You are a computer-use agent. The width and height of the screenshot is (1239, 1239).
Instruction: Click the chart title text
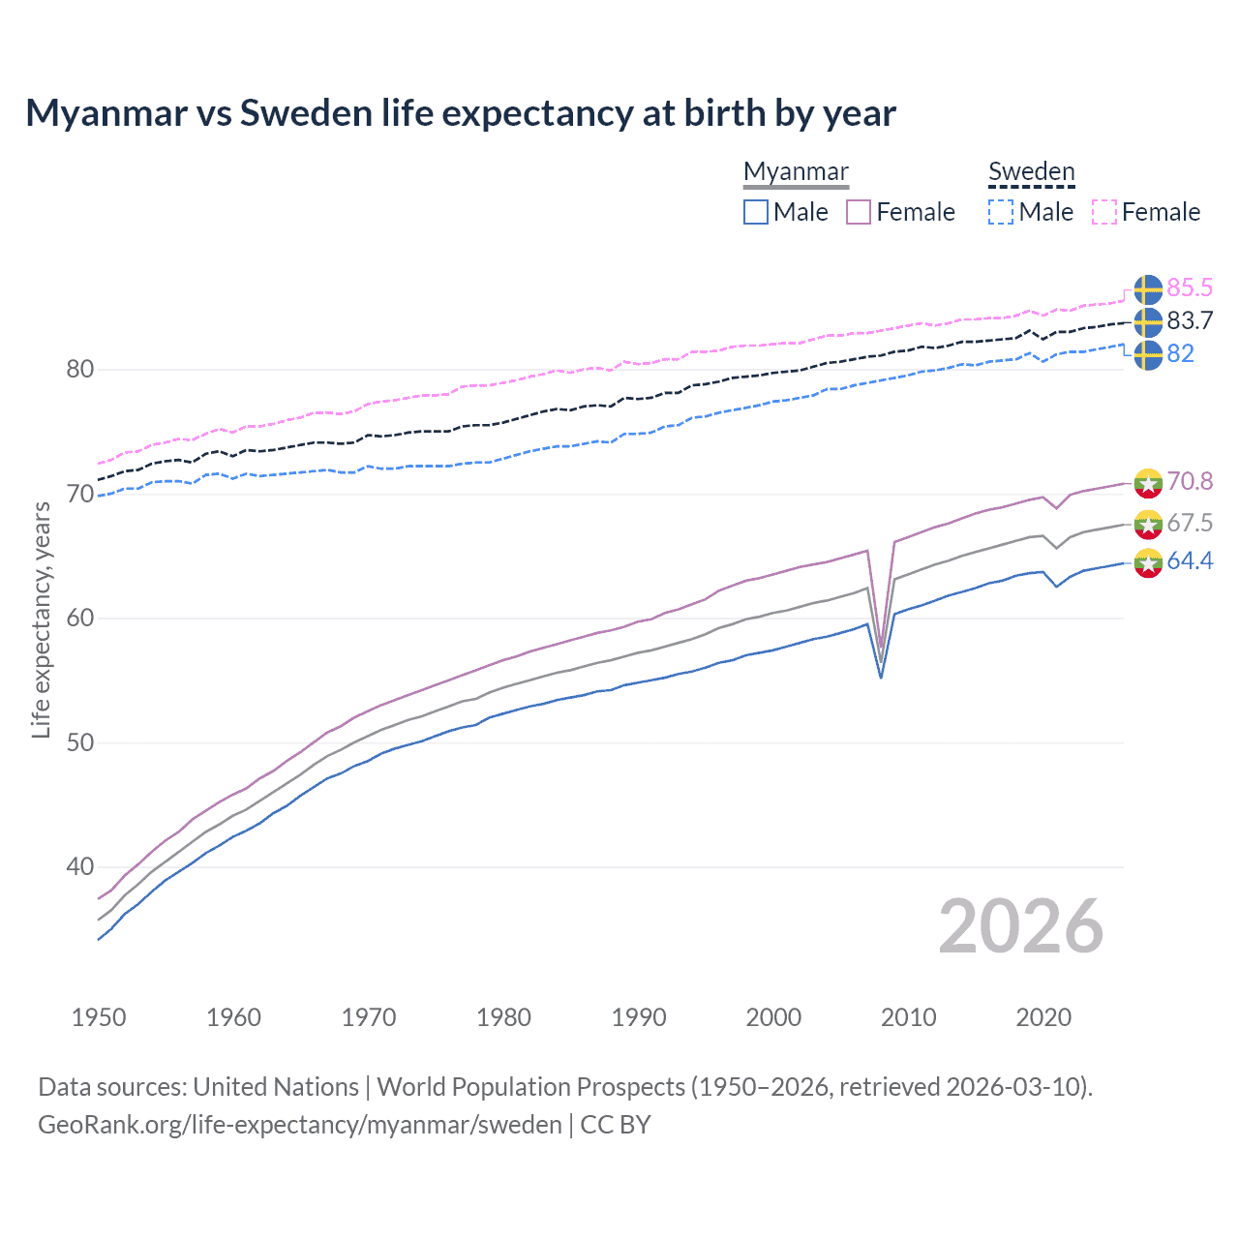coord(461,113)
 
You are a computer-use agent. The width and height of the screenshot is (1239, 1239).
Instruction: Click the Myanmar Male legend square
coord(756,212)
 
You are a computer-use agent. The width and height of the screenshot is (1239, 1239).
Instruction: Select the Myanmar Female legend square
coord(859,212)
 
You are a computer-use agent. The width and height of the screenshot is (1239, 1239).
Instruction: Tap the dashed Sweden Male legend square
coord(1001,212)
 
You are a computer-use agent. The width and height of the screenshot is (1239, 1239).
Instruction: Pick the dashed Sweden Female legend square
coord(1104,212)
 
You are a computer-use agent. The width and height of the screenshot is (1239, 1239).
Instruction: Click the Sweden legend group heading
coord(1031,171)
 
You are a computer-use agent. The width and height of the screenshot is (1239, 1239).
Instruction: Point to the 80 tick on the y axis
coord(80,370)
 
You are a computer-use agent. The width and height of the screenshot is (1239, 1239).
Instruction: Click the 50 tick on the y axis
coord(80,742)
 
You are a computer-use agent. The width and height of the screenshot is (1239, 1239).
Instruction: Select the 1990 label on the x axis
coord(639,1017)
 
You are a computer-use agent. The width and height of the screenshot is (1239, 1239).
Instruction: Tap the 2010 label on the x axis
coord(908,1017)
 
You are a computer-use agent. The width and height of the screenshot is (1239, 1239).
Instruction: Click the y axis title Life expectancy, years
coord(41,619)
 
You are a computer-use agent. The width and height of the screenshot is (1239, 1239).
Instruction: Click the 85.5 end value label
coord(1190,287)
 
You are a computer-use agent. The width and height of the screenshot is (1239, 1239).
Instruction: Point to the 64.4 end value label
coord(1190,561)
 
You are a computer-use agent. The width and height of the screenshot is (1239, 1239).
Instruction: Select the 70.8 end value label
coord(1190,481)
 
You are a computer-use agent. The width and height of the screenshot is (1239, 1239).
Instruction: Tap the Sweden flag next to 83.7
coord(1148,322)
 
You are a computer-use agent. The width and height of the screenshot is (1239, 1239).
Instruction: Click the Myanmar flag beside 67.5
coord(1148,524)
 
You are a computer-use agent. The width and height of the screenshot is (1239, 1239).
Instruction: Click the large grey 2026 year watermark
coord(1021,926)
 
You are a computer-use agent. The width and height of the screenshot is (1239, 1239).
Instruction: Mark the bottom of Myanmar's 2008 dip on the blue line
coord(881,677)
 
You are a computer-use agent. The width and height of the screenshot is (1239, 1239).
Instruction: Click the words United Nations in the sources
coord(276,1087)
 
